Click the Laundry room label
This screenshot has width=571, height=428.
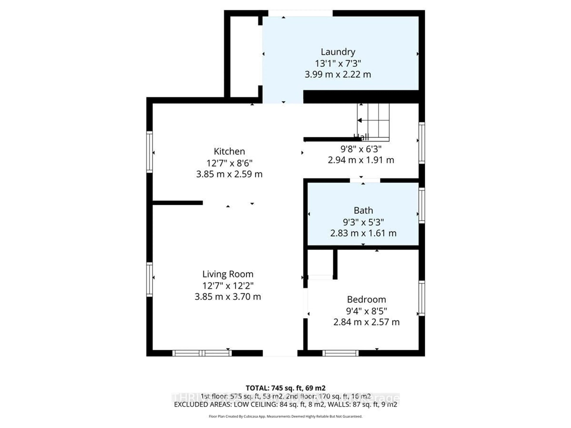(x=338, y=52)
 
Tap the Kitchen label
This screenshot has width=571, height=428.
(x=229, y=151)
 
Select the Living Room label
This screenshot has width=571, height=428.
(x=228, y=274)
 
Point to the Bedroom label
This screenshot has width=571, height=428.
(x=366, y=299)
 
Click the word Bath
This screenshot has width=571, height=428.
(x=363, y=211)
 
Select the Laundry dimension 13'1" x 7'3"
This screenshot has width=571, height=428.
(x=338, y=63)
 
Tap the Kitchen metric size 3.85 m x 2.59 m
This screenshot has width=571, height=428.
(x=229, y=174)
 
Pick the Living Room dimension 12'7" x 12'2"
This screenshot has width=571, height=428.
(x=228, y=286)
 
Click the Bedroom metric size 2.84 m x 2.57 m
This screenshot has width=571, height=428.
(x=366, y=322)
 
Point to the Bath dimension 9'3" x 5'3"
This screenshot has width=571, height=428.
(x=363, y=222)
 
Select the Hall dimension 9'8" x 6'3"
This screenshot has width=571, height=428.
(x=361, y=149)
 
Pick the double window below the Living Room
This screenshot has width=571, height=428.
(x=202, y=353)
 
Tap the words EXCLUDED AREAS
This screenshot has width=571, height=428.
(x=203, y=404)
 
